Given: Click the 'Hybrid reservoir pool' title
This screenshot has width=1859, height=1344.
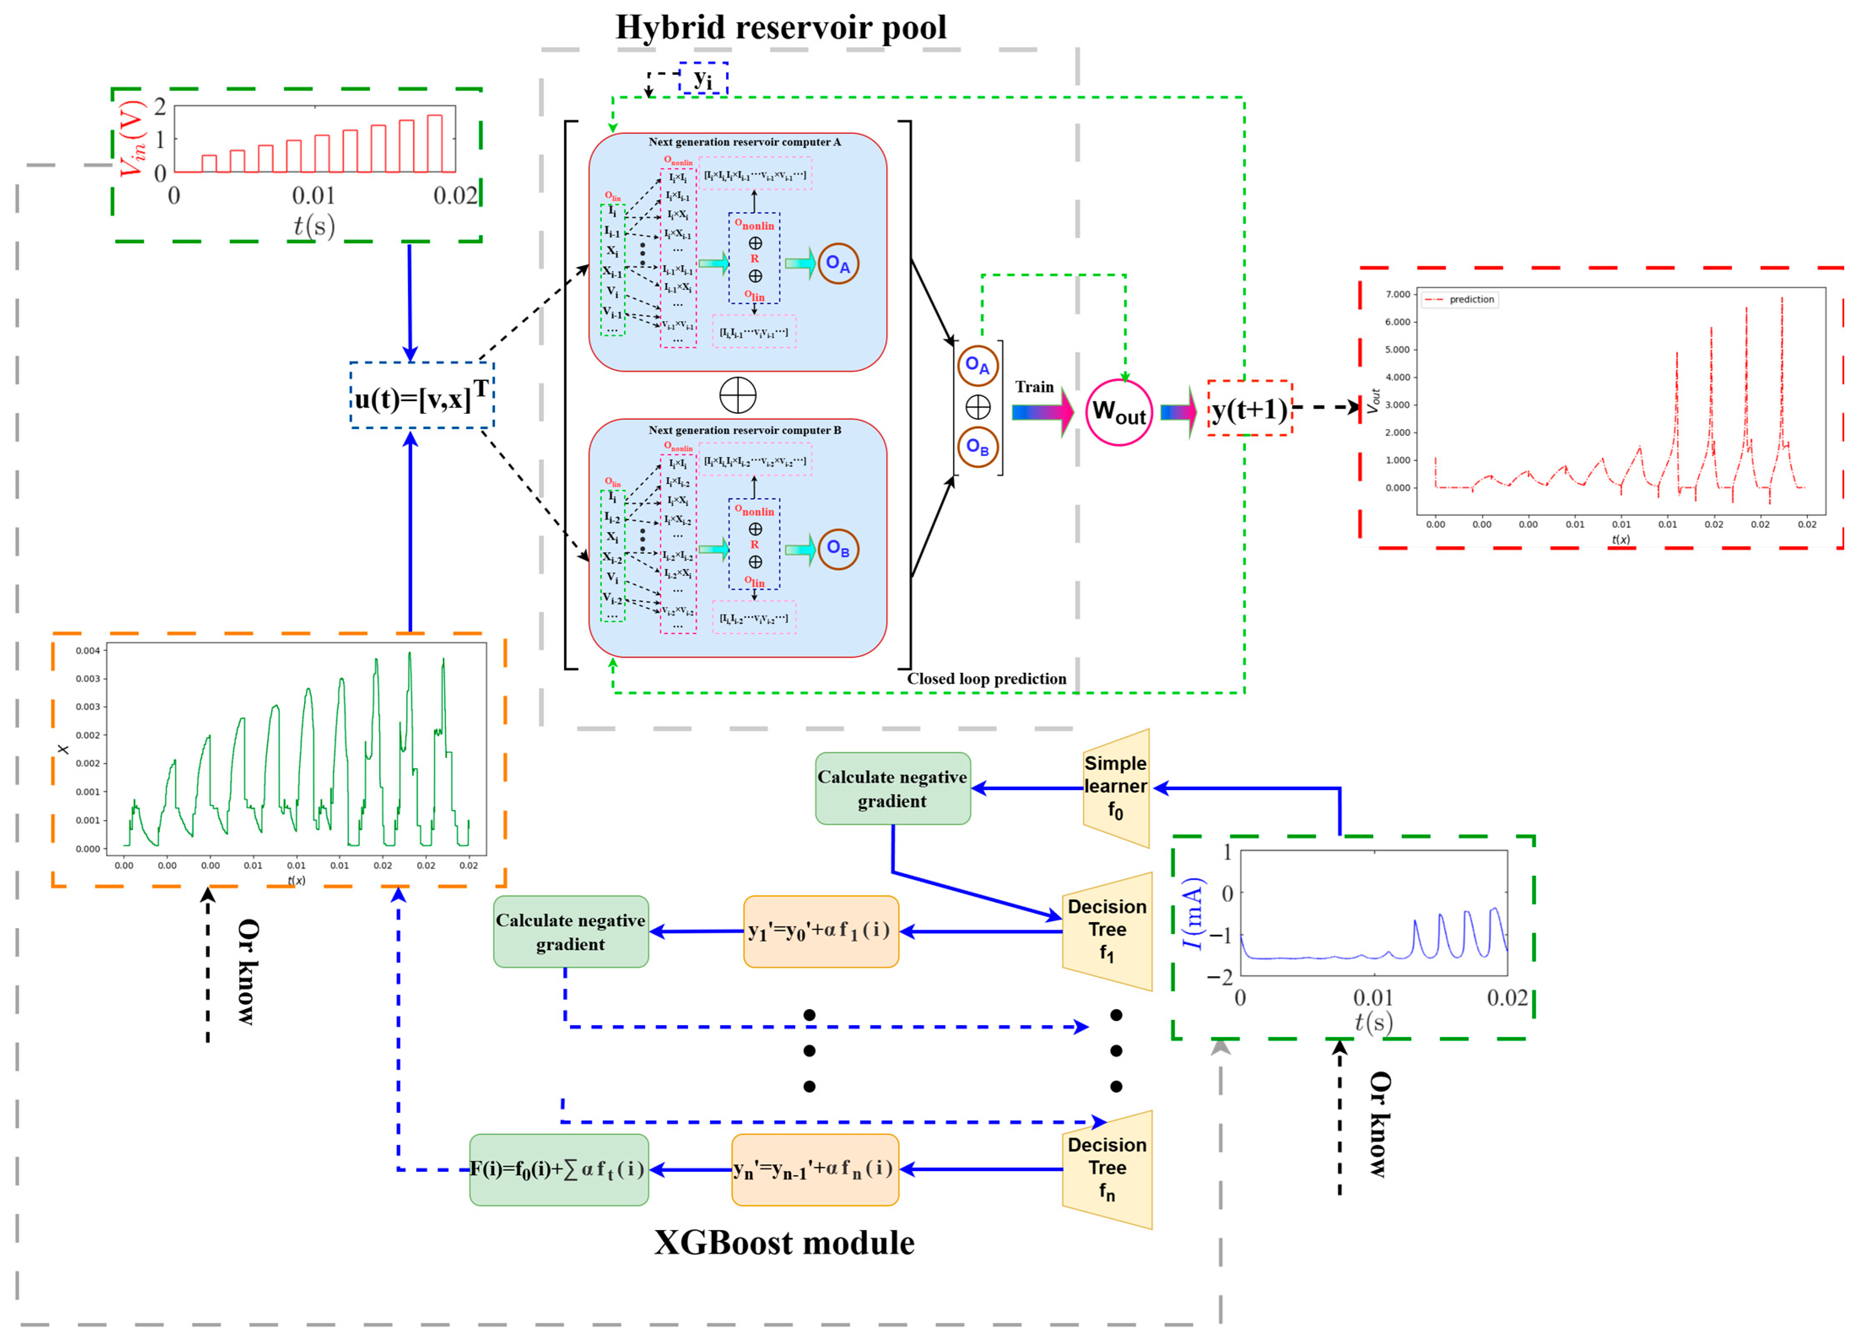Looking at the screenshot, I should [780, 27].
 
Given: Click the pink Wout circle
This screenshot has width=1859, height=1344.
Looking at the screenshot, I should [1119, 412].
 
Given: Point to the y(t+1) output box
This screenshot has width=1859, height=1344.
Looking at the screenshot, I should [1249, 408].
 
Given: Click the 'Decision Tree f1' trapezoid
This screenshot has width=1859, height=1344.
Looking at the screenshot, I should [1107, 931].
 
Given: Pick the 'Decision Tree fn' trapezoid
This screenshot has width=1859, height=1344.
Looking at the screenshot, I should [1107, 1169].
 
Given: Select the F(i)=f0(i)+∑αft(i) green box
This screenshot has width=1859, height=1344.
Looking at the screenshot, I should [559, 1169].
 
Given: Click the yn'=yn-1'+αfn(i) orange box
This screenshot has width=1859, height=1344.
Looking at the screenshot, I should [815, 1169].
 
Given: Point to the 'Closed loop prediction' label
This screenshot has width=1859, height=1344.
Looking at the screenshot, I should [986, 679].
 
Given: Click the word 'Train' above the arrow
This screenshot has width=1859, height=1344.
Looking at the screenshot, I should [1034, 387].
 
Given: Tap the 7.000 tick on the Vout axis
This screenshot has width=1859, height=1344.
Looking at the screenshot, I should [1398, 294].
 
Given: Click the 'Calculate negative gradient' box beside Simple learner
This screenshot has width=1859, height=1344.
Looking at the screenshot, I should [893, 788].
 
